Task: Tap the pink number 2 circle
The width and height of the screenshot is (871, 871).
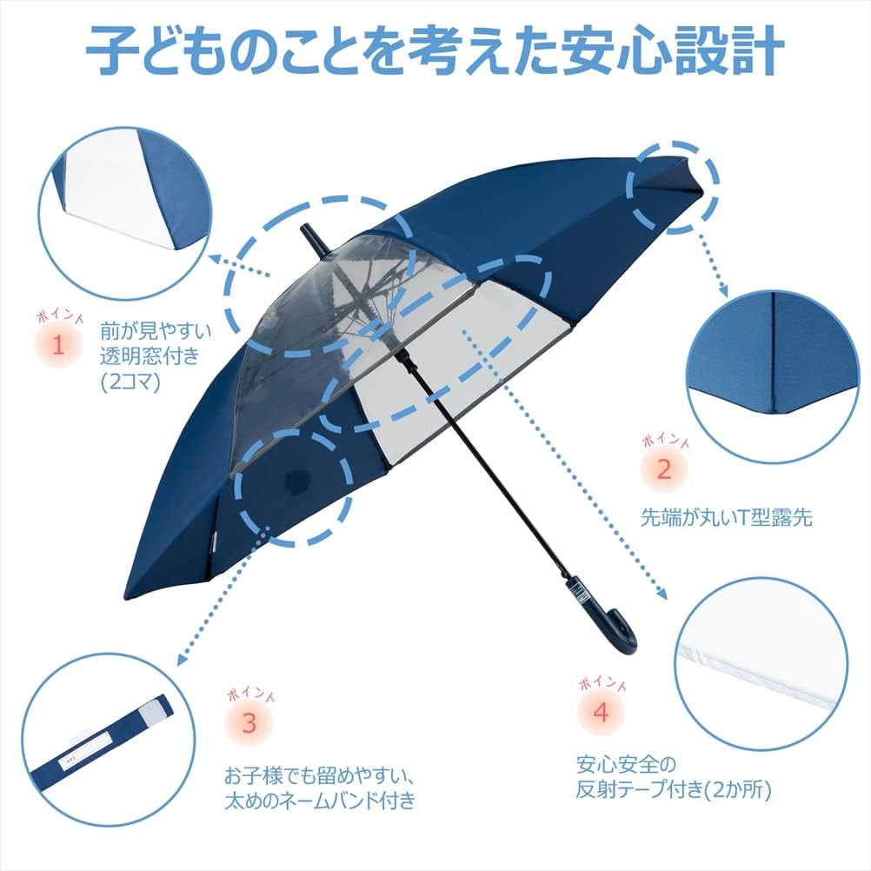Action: click(663, 470)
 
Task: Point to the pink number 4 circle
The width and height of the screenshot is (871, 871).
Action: click(602, 712)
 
